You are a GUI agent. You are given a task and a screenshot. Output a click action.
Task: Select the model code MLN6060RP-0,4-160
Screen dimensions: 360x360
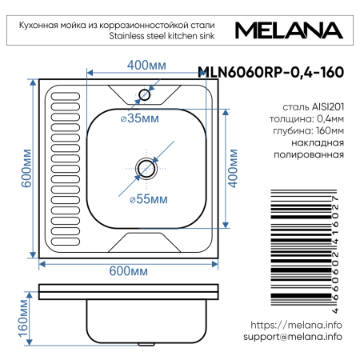pyautogui.click(x=271, y=72)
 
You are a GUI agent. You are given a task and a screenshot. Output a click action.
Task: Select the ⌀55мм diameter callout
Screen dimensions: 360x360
pyautogui.click(x=148, y=198)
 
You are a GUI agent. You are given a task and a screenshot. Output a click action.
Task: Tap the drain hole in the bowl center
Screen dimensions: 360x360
pyautogui.click(x=146, y=168)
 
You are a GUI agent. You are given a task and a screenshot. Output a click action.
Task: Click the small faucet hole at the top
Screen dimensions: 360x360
pyautogui.click(x=145, y=94)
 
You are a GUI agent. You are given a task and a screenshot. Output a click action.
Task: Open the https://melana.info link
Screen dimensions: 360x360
pyautogui.click(x=296, y=325)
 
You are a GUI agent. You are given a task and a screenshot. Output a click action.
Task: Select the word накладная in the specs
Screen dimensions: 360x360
pyautogui.click(x=318, y=143)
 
